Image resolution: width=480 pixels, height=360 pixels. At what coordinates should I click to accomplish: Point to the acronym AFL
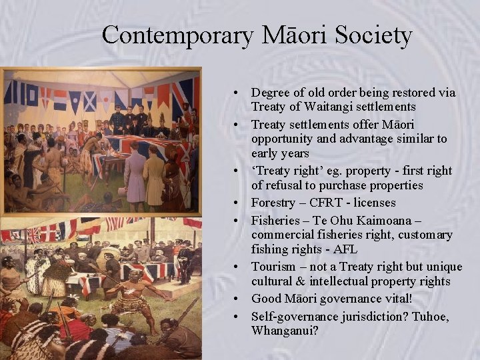345,249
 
